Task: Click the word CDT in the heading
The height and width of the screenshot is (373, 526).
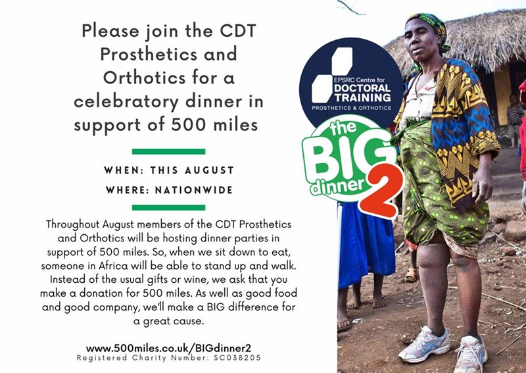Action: (238, 31)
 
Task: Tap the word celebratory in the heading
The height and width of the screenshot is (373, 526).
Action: (126, 102)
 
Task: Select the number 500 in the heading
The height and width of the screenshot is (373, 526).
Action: (188, 124)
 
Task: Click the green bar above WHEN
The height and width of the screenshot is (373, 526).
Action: (169, 151)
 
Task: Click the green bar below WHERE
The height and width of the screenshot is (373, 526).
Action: (169, 207)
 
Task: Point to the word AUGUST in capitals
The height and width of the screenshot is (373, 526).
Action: (209, 170)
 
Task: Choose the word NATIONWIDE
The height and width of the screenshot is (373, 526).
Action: (194, 190)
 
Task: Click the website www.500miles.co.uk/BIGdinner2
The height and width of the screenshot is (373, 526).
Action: (168, 348)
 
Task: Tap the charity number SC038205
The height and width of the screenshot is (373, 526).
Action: (237, 358)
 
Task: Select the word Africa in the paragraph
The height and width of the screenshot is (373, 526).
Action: (113, 266)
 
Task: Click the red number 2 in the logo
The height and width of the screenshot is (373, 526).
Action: (381, 190)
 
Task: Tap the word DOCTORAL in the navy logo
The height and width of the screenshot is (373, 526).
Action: (362, 88)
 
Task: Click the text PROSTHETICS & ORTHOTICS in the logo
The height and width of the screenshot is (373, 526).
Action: (351, 108)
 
